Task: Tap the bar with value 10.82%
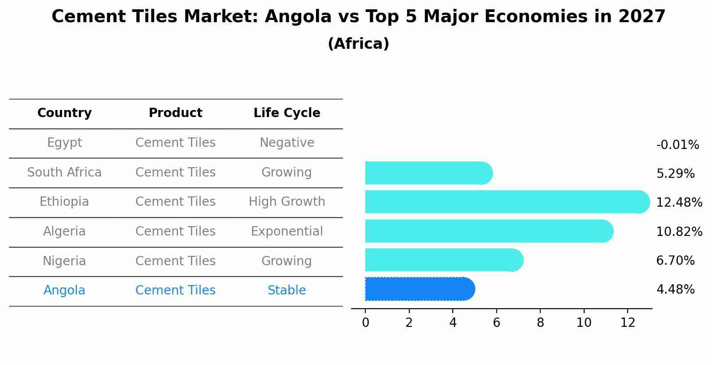pyautogui.click(x=488, y=231)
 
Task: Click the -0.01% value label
pyautogui.click(x=677, y=145)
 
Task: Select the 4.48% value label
pyautogui.click(x=675, y=290)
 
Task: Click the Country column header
pyautogui.click(x=64, y=113)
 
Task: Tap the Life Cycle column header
pyautogui.click(x=287, y=113)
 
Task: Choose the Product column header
pyautogui.click(x=175, y=113)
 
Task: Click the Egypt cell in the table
pyautogui.click(x=64, y=143)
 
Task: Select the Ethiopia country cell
pyautogui.click(x=64, y=202)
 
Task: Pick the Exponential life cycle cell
pyautogui.click(x=287, y=232)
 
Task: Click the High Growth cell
pyautogui.click(x=287, y=202)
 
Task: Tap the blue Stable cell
pyautogui.click(x=287, y=290)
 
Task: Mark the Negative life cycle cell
pyautogui.click(x=287, y=143)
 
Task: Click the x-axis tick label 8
pyautogui.click(x=540, y=323)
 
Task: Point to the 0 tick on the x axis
pyautogui.click(x=365, y=323)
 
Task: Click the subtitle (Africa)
pyautogui.click(x=358, y=44)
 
